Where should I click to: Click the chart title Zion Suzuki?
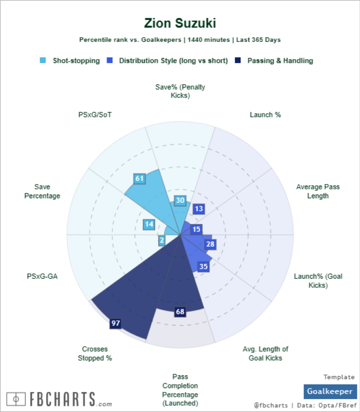click(x=180, y=23)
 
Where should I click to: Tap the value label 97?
click(x=116, y=324)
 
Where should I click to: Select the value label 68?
click(x=180, y=312)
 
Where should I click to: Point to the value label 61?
click(x=139, y=178)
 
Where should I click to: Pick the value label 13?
click(x=199, y=209)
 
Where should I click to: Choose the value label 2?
click(x=162, y=240)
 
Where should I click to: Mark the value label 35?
click(x=204, y=266)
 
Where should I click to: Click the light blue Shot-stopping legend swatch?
click(x=43, y=60)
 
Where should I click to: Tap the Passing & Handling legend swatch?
click(x=238, y=60)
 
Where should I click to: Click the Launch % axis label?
click(x=265, y=114)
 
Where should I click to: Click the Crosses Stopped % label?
click(x=95, y=353)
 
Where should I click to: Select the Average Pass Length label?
click(x=318, y=191)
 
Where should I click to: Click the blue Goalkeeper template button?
click(x=330, y=391)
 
